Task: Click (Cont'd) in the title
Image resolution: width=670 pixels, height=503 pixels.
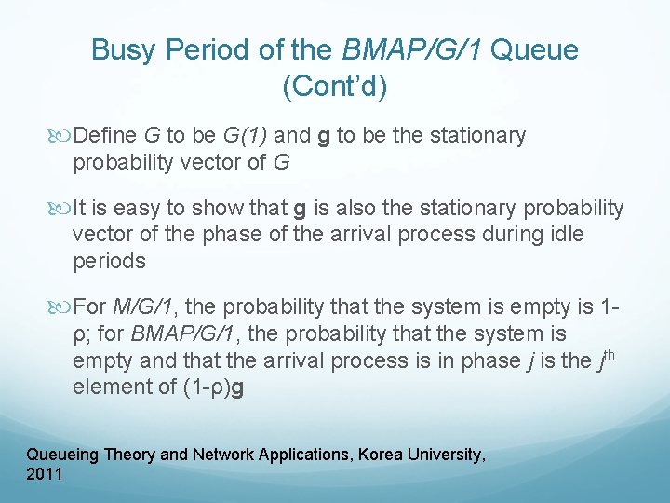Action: [x=334, y=87]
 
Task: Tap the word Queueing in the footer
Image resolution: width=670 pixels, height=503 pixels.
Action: [x=62, y=455]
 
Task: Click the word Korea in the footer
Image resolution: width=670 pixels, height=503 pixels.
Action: [x=366, y=455]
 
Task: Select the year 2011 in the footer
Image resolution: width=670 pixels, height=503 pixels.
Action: [x=45, y=474]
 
